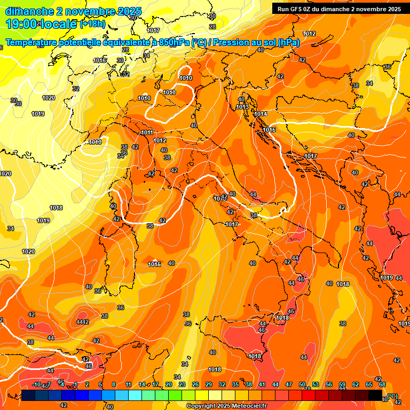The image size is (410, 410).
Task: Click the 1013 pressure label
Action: pyautogui.click(x=242, y=107)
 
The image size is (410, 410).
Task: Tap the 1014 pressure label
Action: pyautogui.click(x=261, y=114)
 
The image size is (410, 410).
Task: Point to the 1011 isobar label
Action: pyautogui.click(x=147, y=132)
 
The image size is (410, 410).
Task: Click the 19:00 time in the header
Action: pyautogui.click(x=21, y=24)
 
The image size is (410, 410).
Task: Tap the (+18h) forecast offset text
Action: pyautogui.click(x=92, y=24)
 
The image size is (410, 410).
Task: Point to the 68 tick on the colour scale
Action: pyautogui.click(x=382, y=384)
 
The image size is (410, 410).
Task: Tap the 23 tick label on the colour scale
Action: pyautogui.click(x=182, y=384)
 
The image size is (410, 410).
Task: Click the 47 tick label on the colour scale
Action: pyautogui.click(x=289, y=384)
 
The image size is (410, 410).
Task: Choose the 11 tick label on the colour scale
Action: pyautogui.click(x=129, y=384)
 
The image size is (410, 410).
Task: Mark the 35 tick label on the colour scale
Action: pyautogui.click(x=235, y=384)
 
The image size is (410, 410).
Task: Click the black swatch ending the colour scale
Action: pyautogui.click(x=375, y=395)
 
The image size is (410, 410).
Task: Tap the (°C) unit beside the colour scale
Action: pyautogui.click(x=392, y=396)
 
